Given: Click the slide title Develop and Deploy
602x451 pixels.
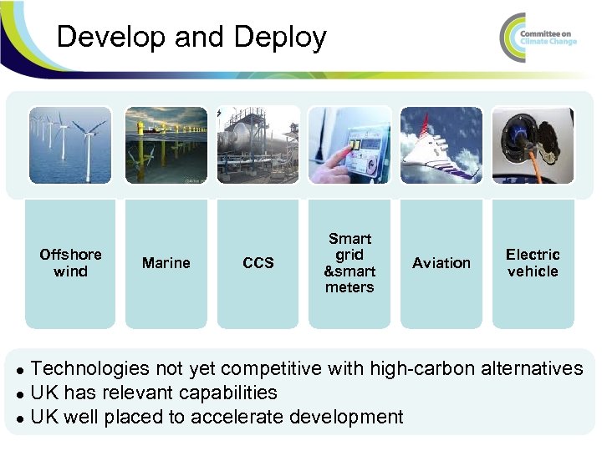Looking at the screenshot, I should [x=191, y=38].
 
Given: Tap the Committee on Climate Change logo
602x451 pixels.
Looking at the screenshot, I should [x=538, y=37].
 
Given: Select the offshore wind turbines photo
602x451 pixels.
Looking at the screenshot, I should [x=70, y=144].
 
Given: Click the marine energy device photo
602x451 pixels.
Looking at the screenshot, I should [x=166, y=144].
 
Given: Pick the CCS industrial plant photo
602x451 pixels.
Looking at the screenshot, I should [x=258, y=144].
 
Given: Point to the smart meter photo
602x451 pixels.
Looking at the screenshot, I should [x=349, y=144].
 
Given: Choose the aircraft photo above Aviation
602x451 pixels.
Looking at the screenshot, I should [x=441, y=144].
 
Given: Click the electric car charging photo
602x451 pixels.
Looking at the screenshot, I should [x=533, y=144].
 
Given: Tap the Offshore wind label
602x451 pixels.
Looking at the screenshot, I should [x=70, y=263].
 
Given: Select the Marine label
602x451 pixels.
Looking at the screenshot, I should [x=166, y=263].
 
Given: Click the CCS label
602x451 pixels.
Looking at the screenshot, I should [x=258, y=263].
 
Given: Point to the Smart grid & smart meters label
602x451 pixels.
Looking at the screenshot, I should [x=349, y=263].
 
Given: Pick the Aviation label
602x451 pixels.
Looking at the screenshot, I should [x=441, y=263].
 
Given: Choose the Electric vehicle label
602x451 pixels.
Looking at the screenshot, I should [x=533, y=263].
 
